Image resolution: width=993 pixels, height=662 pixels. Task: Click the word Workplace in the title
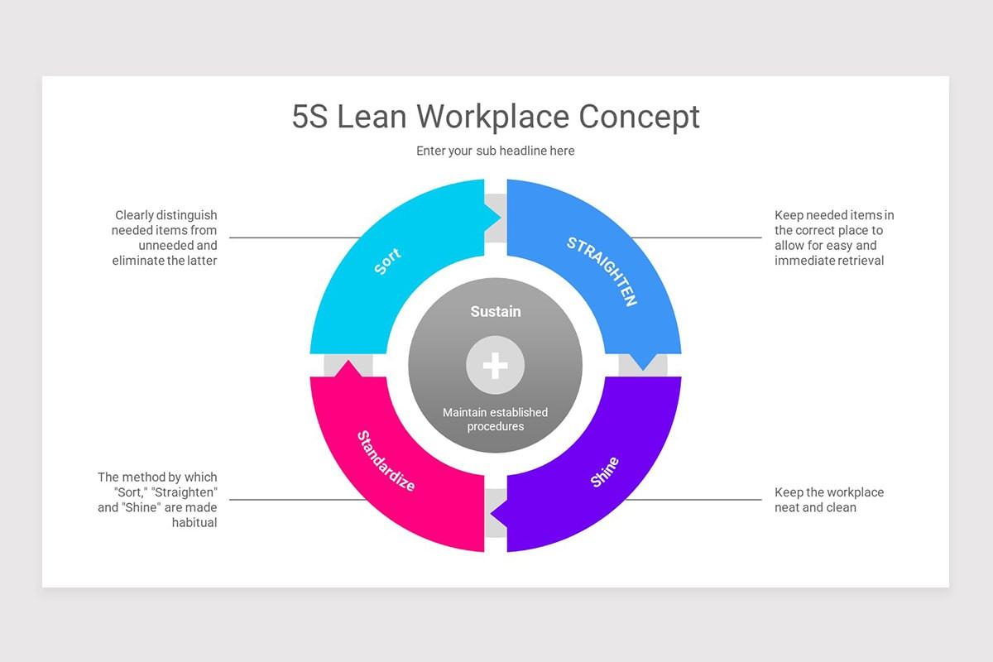[492, 118]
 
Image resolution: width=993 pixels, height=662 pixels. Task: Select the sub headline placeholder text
[495, 151]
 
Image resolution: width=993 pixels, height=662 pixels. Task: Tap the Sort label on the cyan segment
[387, 261]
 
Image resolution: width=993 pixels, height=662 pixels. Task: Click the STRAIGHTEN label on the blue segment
[602, 271]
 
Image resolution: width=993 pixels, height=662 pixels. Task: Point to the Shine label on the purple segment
[604, 473]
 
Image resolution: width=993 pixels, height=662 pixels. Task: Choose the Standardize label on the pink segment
[386, 461]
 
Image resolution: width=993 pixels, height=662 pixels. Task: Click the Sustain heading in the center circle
[495, 312]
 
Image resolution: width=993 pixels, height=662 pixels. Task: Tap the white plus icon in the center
[495, 366]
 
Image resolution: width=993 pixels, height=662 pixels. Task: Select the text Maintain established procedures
[495, 419]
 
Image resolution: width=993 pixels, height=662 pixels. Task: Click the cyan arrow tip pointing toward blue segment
[501, 218]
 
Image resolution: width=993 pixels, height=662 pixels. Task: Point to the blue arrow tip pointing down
[643, 369]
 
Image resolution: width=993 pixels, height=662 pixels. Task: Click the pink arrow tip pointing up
[348, 361]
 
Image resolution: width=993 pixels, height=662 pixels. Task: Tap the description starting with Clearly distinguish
[165, 237]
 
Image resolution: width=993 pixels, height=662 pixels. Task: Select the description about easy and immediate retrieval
[834, 237]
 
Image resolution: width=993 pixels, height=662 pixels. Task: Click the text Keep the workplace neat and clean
[829, 500]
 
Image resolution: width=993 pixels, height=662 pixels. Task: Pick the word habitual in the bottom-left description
[194, 523]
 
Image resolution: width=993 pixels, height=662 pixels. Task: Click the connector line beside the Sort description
[295, 237]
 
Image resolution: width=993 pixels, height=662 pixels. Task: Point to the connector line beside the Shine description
[693, 500]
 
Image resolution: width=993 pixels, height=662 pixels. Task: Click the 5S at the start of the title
[309, 117]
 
